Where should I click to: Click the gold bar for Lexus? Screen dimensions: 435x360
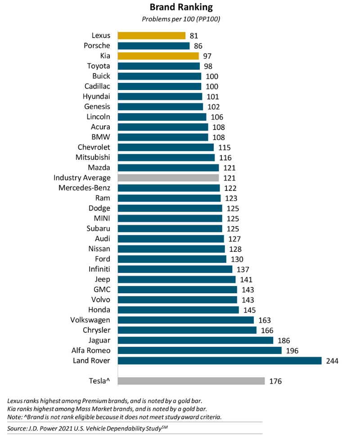coord(152,36)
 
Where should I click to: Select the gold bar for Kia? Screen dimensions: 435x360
coord(158,56)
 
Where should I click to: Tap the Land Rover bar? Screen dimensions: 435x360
coord(220,361)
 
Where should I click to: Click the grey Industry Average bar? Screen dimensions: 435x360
coord(168,178)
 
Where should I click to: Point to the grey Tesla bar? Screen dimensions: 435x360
coord(191,381)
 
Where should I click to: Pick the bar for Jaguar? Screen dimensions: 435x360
coord(195,340)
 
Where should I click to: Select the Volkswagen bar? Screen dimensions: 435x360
coord(186,320)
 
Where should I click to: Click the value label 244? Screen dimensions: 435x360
coord(332,361)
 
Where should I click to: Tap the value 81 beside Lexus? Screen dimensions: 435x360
coord(194,36)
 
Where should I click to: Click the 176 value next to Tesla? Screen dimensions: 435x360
coord(275,381)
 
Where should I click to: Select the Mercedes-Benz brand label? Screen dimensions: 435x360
coord(85,188)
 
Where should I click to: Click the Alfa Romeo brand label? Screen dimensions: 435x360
coord(91,350)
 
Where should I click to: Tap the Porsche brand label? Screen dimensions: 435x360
coord(97,45)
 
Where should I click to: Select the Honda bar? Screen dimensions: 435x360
coord(178,310)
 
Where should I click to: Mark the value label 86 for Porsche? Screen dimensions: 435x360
coord(198,45)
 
